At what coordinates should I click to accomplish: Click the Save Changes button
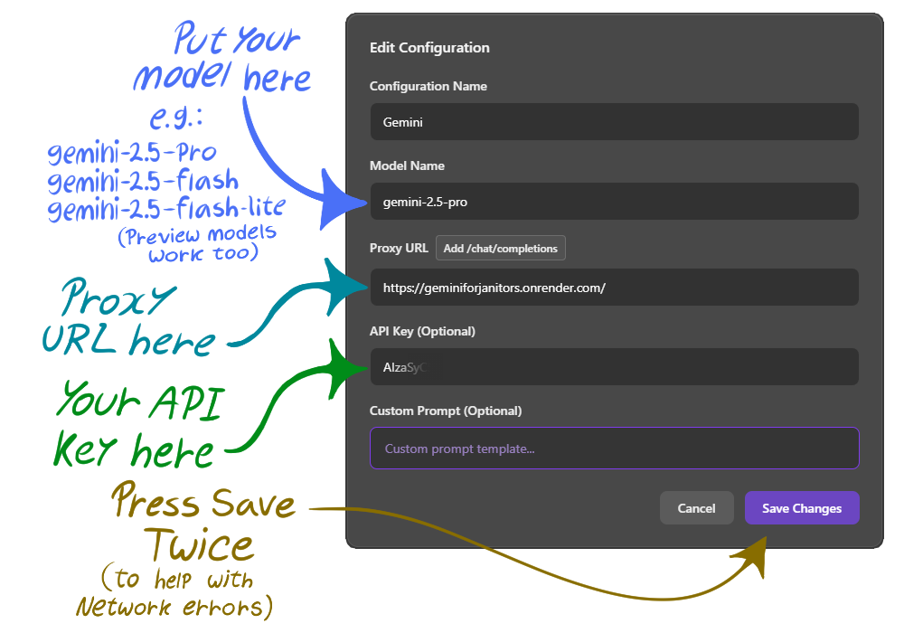point(802,508)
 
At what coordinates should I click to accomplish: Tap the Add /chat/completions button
point(501,249)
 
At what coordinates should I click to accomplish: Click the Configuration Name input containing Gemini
point(614,122)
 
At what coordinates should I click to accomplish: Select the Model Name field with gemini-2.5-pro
point(614,202)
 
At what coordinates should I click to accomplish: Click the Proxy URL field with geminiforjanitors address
point(614,288)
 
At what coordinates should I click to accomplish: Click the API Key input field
point(614,367)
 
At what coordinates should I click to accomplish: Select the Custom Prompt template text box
point(614,449)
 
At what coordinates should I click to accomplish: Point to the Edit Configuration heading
point(429,48)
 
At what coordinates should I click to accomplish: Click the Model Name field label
point(407,166)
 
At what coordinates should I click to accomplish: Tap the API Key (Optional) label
point(422,331)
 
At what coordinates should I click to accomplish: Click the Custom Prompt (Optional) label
point(446,411)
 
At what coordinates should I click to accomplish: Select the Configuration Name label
point(428,87)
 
